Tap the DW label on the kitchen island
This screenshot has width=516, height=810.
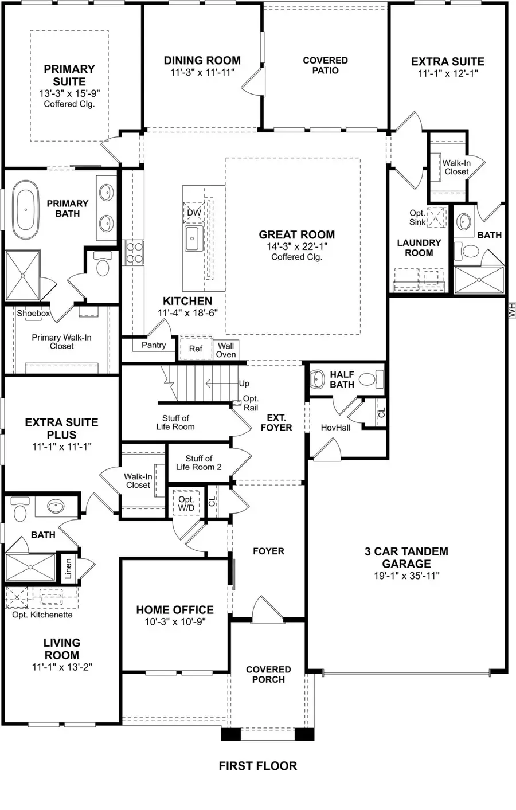pyautogui.click(x=194, y=213)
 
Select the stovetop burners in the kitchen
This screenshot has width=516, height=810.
pyautogui.click(x=134, y=252)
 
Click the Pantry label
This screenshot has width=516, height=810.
pyautogui.click(x=154, y=345)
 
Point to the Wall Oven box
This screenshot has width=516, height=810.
pyautogui.click(x=226, y=350)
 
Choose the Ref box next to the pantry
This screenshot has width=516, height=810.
pyautogui.click(x=196, y=349)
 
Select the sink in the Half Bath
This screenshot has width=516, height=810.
pyautogui.click(x=317, y=379)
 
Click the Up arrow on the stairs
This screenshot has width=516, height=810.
pyautogui.click(x=244, y=384)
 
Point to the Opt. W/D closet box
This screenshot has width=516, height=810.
pyautogui.click(x=186, y=504)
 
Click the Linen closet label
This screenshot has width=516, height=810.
pyautogui.click(x=68, y=569)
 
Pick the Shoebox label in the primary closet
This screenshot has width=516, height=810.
pyautogui.click(x=33, y=314)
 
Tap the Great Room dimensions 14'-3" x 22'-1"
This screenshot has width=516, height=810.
pyautogui.click(x=296, y=246)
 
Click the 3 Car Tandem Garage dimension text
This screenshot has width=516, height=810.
pyautogui.click(x=406, y=576)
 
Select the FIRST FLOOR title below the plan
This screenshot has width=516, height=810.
pyautogui.click(x=258, y=766)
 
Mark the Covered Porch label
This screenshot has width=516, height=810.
pyautogui.click(x=268, y=674)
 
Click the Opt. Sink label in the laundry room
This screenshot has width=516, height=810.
pyautogui.click(x=417, y=217)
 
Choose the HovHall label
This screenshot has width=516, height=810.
pyautogui.click(x=335, y=427)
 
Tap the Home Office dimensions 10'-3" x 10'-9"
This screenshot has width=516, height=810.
pyautogui.click(x=175, y=622)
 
